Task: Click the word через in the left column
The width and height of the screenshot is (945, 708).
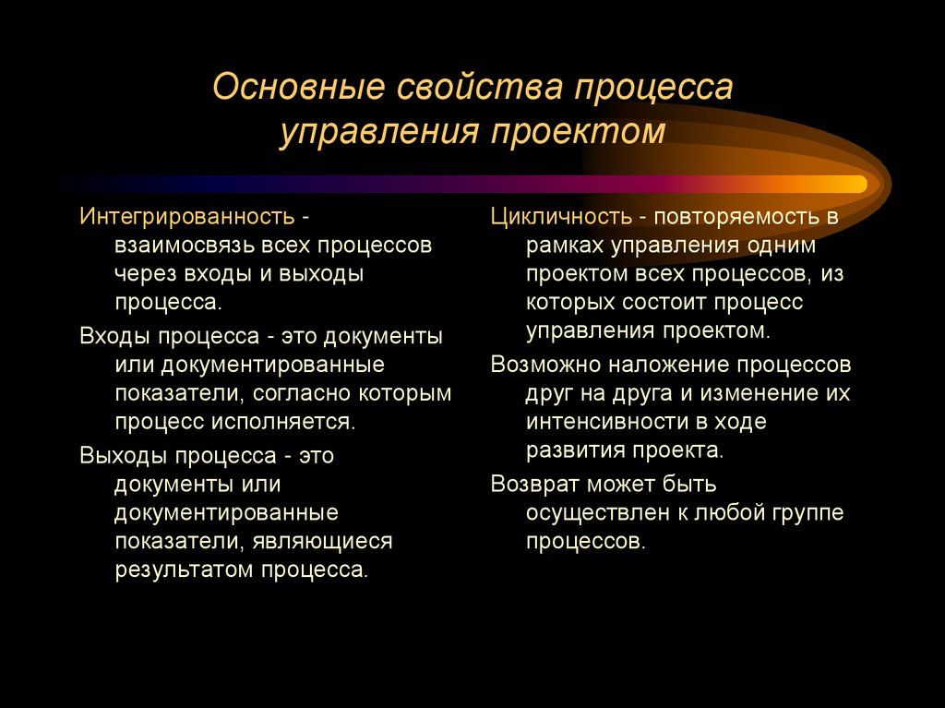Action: (148, 274)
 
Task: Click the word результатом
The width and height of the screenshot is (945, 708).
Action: (183, 569)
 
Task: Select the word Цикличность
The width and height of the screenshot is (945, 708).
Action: (561, 218)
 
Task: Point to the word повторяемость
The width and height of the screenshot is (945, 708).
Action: (733, 218)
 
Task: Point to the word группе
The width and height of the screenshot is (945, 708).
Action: (806, 512)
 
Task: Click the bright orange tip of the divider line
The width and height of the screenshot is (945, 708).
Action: (854, 184)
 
